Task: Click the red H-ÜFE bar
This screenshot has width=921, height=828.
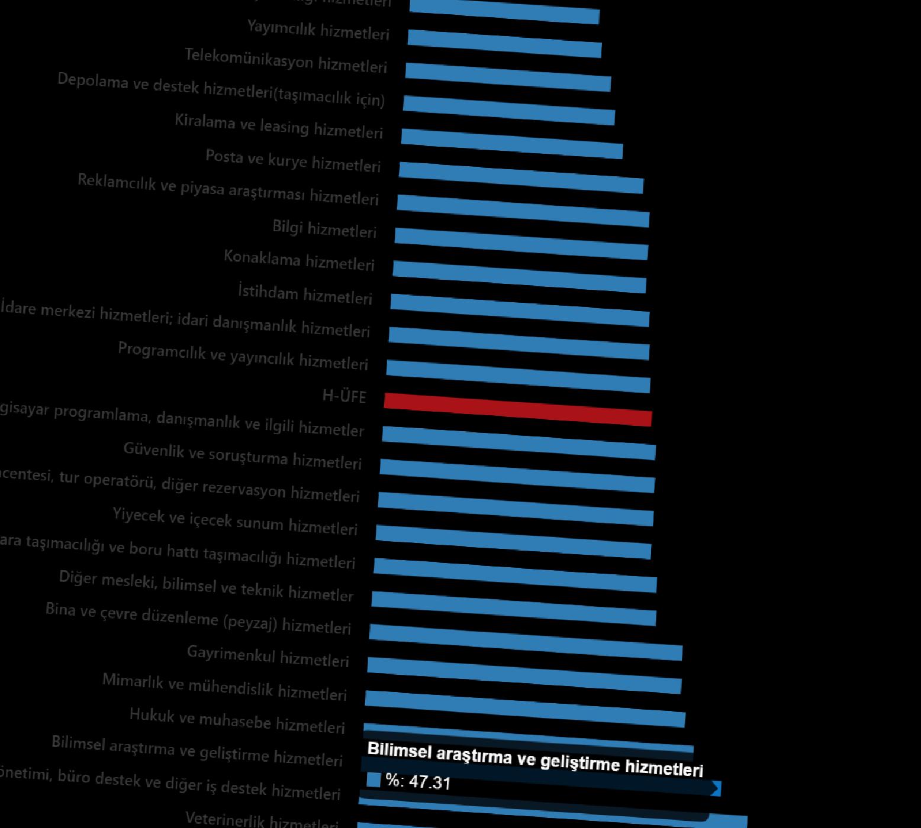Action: (518, 409)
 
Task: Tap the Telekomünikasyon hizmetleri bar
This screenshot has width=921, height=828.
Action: (508, 77)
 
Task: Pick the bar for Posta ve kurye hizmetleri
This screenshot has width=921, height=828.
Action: (521, 177)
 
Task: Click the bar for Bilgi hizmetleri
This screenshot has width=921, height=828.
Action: (521, 244)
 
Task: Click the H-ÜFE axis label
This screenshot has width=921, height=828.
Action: (344, 396)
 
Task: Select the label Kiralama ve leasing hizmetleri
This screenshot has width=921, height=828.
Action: (279, 126)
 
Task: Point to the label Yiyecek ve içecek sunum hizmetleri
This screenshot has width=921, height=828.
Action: (235, 521)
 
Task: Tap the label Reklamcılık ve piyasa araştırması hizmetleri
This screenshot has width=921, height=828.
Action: (228, 189)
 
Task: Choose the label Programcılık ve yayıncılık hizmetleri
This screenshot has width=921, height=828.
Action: (243, 356)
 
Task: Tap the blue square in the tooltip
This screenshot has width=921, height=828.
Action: (373, 780)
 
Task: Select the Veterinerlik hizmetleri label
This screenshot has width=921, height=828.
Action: (262, 820)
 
